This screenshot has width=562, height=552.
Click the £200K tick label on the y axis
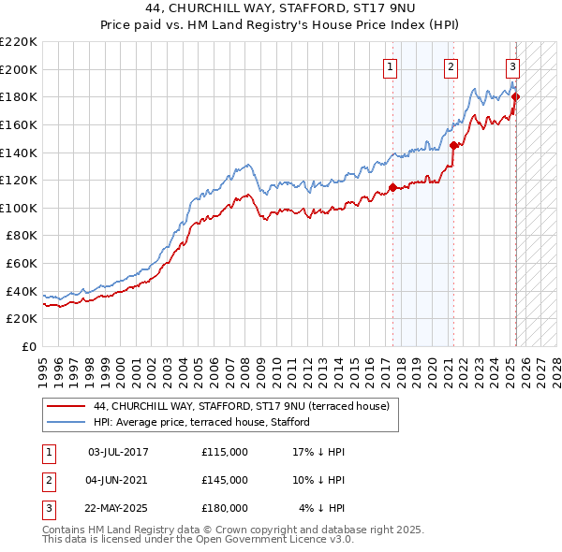[19, 69]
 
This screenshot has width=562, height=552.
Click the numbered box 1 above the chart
[389, 66]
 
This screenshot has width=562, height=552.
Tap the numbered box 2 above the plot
[451, 66]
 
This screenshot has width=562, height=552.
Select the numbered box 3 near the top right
[513, 66]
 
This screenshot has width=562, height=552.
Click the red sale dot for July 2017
[392, 186]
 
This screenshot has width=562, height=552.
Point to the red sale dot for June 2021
[453, 145]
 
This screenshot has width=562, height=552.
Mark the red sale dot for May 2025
[515, 96]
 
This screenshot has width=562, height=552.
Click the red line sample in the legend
[66, 406]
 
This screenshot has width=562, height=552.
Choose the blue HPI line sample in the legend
[66, 422]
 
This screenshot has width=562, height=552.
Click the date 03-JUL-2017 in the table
[118, 452]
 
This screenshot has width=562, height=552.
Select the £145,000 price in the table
[225, 480]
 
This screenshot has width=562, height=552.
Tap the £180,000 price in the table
[225, 508]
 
